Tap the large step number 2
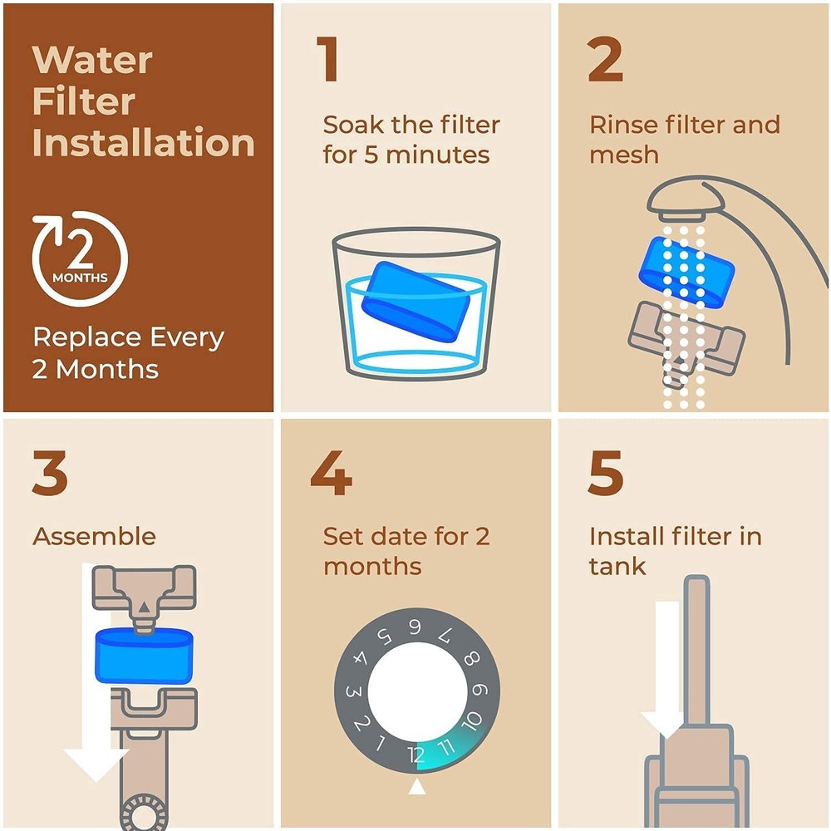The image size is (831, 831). coord(605,60)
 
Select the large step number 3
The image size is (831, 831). coord(51,474)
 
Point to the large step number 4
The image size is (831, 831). coord(331,474)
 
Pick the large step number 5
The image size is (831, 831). coord(605,474)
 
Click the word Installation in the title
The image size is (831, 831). coord(143,143)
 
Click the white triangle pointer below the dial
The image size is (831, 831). coord(416,785)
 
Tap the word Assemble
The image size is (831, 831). coord(94,536)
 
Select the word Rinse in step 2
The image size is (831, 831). coord(624,125)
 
